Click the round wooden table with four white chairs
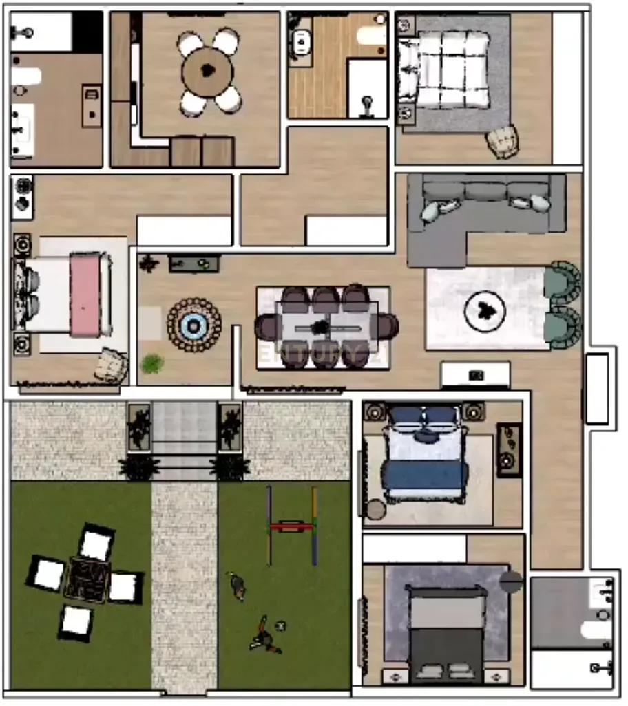209,71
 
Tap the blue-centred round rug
194,325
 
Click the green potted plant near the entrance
152,363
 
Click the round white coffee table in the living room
485,312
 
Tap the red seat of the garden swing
292,527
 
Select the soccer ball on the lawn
280,625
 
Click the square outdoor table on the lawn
84,579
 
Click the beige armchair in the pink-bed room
111,365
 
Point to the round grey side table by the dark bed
511,581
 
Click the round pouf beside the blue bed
376,510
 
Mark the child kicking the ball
263,637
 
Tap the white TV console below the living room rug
475,375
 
